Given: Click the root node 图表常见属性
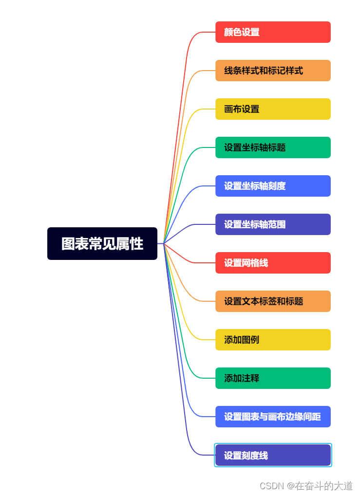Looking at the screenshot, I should (x=102, y=243).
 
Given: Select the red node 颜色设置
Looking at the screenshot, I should (x=273, y=32).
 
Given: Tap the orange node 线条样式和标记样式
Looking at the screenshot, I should (x=273, y=71).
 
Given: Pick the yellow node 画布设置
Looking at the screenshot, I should (x=273, y=109).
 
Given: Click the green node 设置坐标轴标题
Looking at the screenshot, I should (x=273, y=147).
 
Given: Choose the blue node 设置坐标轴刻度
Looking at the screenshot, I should (x=273, y=186).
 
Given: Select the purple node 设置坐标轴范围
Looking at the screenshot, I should (x=273, y=224).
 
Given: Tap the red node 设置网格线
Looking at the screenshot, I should (x=273, y=263).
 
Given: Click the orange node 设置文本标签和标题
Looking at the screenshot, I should (x=273, y=301).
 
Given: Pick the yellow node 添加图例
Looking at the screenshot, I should (x=273, y=340).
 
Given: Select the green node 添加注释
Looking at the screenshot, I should (x=273, y=378).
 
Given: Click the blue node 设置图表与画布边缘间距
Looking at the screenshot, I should (x=273, y=417).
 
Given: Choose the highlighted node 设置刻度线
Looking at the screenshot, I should (x=273, y=456).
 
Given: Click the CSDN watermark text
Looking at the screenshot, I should (x=306, y=486).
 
